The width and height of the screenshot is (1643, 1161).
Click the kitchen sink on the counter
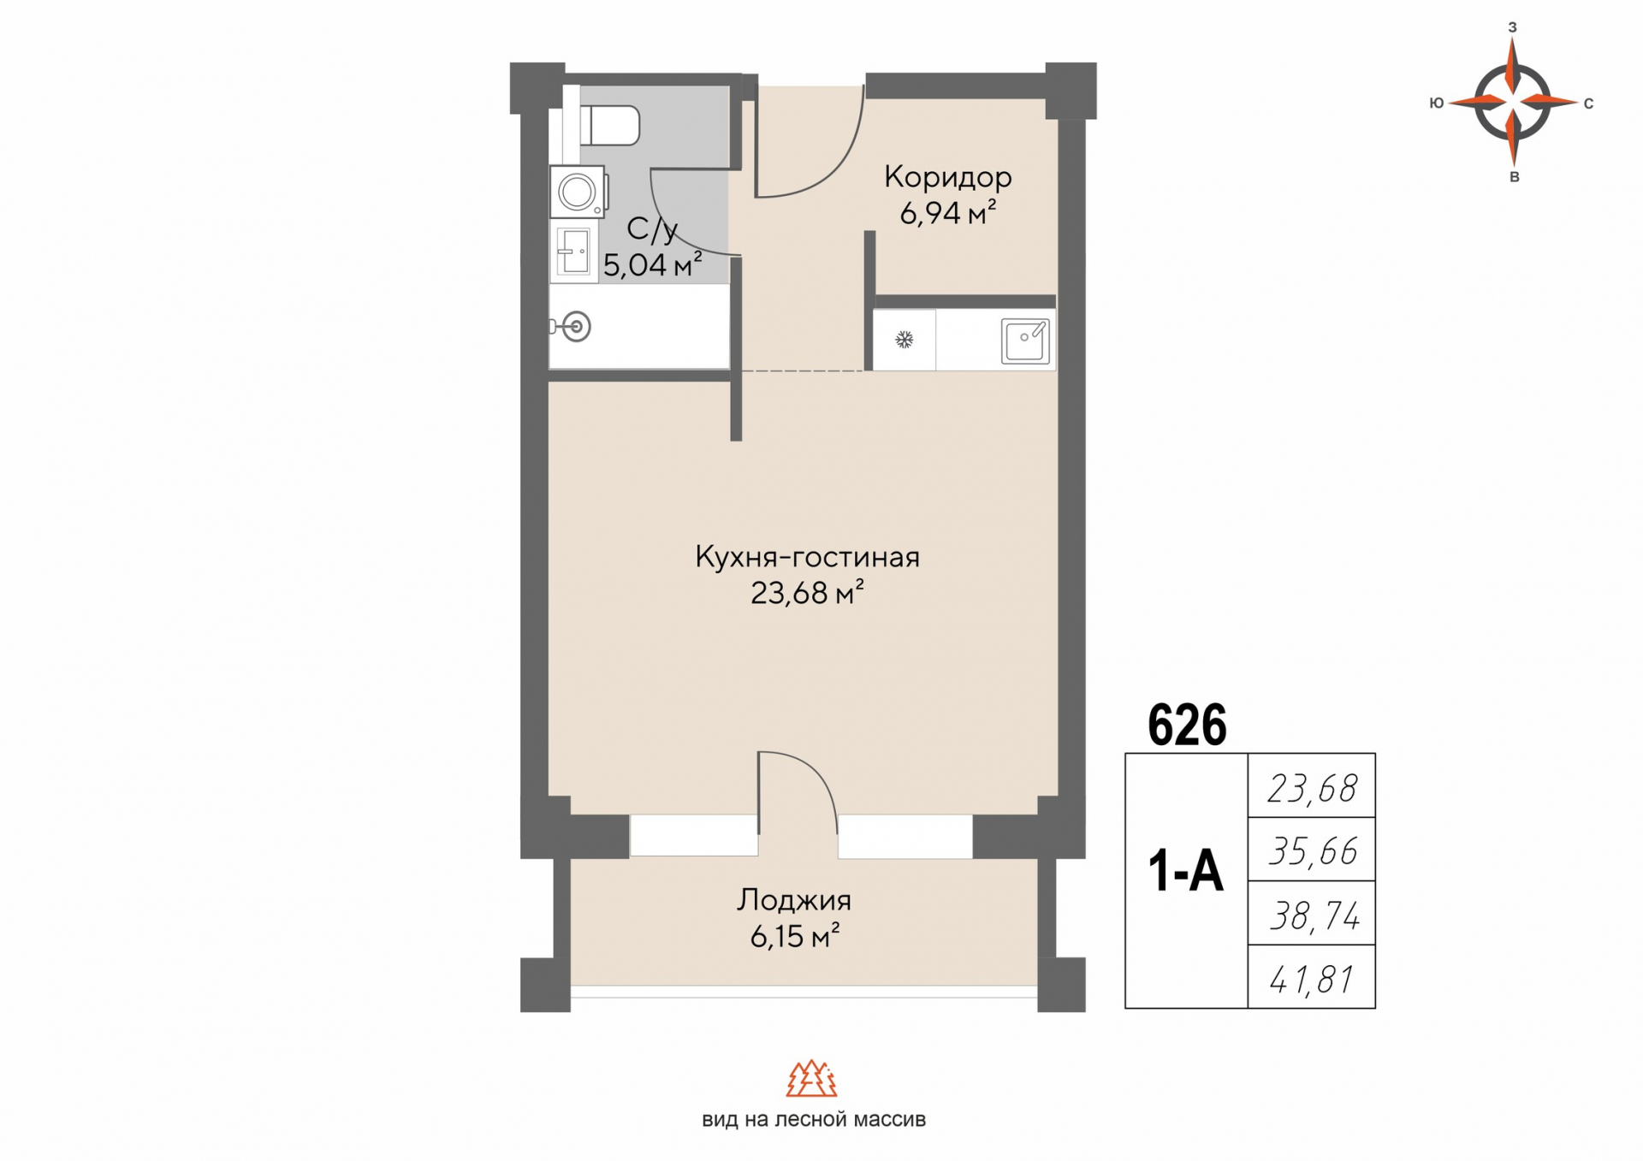tap(1025, 341)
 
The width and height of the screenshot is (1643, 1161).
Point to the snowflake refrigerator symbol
tap(904, 341)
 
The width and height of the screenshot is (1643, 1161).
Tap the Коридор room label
tap(947, 177)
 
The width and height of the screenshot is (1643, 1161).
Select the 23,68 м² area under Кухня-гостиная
tap(806, 593)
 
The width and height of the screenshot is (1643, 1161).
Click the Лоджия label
tap(794, 900)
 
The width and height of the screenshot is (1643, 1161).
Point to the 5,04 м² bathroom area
tap(653, 265)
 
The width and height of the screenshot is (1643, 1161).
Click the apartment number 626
tap(1187, 726)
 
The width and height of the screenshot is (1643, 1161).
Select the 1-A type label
tap(1185, 873)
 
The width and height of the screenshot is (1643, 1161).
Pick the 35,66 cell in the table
tap(1312, 850)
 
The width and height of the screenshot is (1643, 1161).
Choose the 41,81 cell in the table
tap(1312, 979)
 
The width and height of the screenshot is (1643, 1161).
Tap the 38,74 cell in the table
tap(1314, 915)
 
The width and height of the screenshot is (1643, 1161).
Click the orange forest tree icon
tap(811, 1078)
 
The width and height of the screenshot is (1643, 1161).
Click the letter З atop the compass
tap(1512, 27)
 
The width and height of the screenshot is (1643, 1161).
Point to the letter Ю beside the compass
tap(1437, 103)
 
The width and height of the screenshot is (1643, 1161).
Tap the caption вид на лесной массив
tap(814, 1120)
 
